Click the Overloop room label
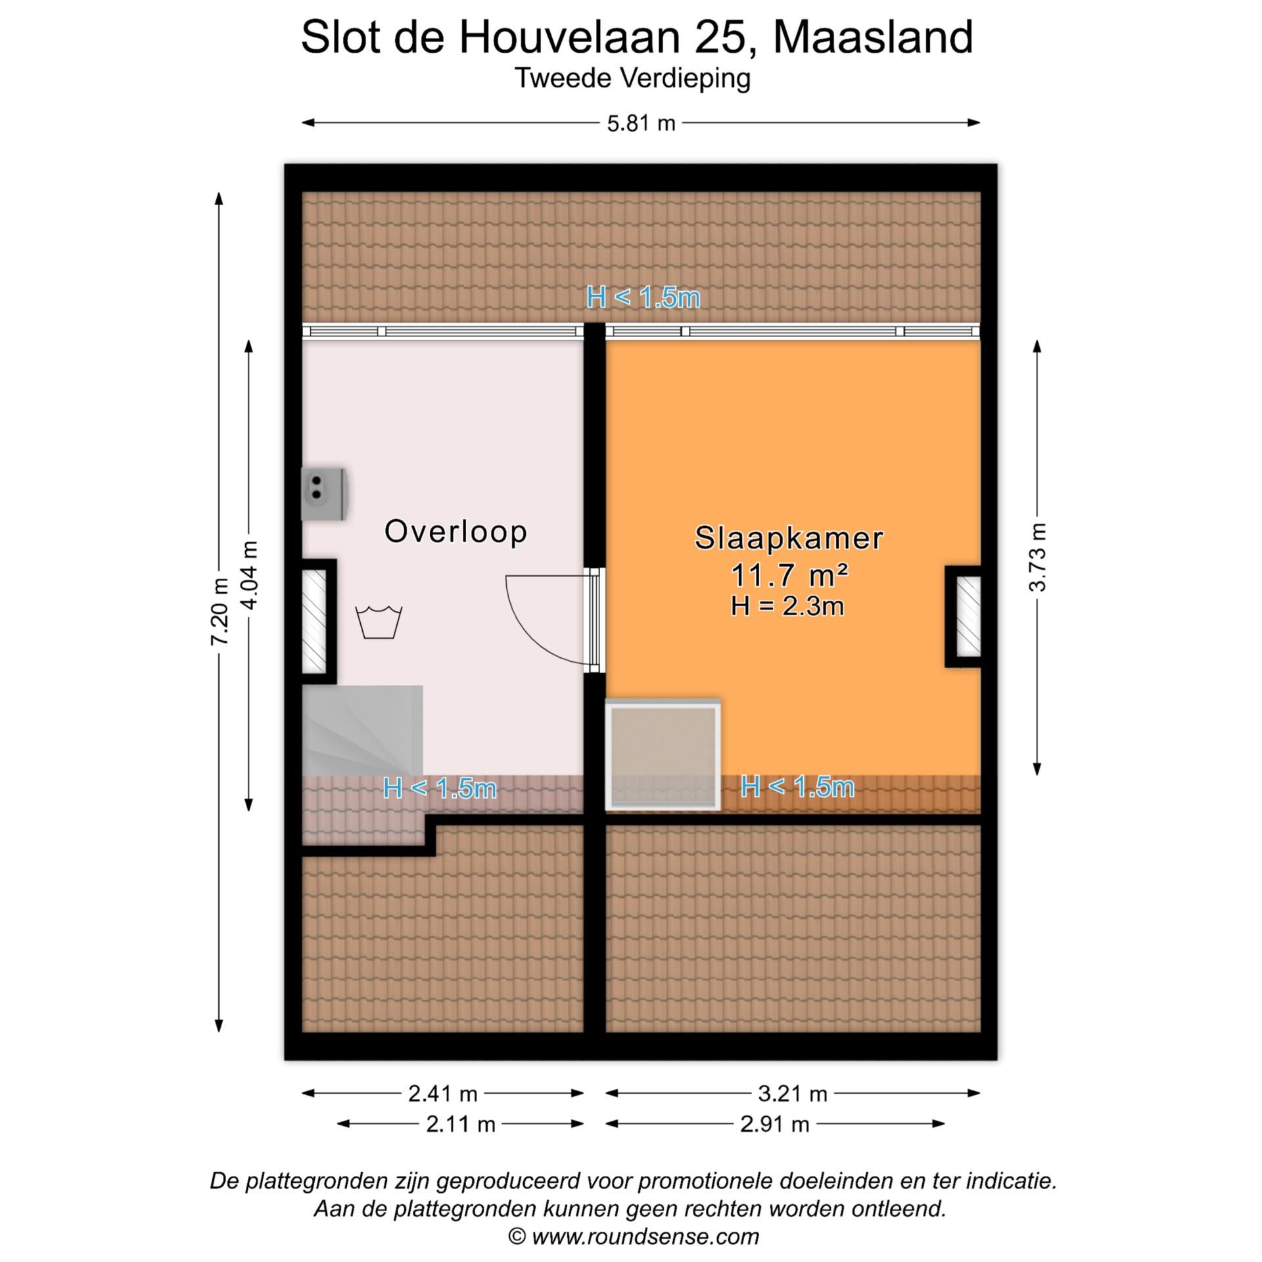pyautogui.click(x=456, y=532)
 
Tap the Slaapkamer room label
pyautogui.click(x=789, y=538)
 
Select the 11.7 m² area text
pyautogui.click(x=789, y=576)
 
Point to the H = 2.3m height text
pyautogui.click(x=787, y=606)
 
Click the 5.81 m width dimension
pyautogui.click(x=641, y=123)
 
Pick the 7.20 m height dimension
pyautogui.click(x=220, y=611)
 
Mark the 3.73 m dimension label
pyautogui.click(x=1037, y=557)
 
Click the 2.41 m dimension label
pyautogui.click(x=442, y=1094)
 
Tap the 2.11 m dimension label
pyautogui.click(x=460, y=1124)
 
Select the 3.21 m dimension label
pyautogui.click(x=792, y=1094)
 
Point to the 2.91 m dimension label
pyautogui.click(x=774, y=1124)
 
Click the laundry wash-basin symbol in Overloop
pyautogui.click(x=379, y=622)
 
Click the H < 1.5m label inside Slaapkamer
pyautogui.click(x=797, y=787)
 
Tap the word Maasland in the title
pyautogui.click(x=872, y=37)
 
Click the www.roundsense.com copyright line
pyautogui.click(x=634, y=1236)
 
